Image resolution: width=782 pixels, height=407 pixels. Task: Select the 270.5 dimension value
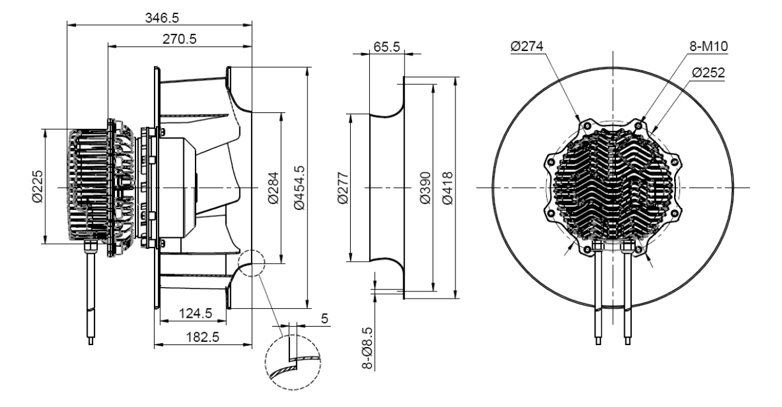click(180, 38)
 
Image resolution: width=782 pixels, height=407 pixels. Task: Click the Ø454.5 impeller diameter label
click(298, 188)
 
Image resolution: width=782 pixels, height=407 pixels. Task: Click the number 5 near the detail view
click(324, 317)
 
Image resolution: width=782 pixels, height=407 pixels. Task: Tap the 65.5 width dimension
click(386, 47)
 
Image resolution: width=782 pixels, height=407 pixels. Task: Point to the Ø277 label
click(342, 188)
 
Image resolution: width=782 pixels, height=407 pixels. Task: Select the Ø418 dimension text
click(447, 188)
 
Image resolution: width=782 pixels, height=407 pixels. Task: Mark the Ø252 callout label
click(709, 73)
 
